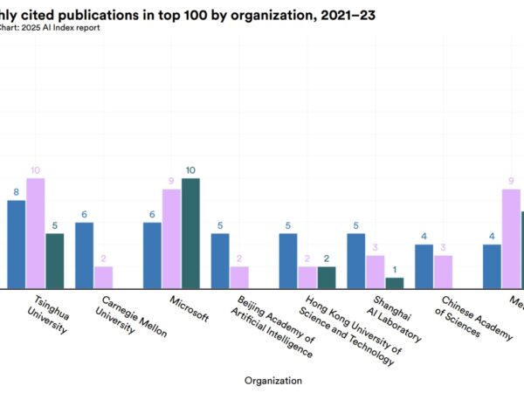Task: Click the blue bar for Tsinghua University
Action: pos(17,245)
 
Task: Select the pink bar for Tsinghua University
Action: pos(36,233)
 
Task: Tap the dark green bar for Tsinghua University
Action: pos(55,260)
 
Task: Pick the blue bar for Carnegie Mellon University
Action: pos(84,255)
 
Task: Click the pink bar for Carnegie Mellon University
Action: pos(103,277)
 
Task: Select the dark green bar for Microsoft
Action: pos(190,233)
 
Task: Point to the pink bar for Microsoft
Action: pos(171,238)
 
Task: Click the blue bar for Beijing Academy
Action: pos(220,260)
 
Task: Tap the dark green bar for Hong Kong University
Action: pos(327,277)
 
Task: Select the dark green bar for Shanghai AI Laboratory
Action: pos(395,283)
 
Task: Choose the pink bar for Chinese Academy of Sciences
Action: pos(443,272)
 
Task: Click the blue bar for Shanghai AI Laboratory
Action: pos(356,260)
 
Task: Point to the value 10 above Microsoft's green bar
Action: pos(190,170)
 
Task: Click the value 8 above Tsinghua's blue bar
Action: pos(16,192)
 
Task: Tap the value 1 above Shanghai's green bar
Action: pos(395,270)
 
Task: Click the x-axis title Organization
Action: pos(273,380)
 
